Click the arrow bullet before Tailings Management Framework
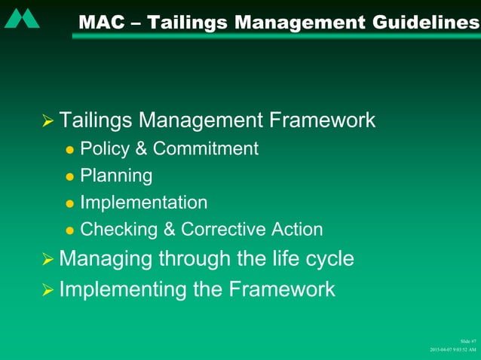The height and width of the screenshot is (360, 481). [48, 121]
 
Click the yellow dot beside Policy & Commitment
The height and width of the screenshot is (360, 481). [70, 150]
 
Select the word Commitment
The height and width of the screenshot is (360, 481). [206, 148]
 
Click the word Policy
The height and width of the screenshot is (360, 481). [106, 148]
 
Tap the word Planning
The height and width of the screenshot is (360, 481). [116, 176]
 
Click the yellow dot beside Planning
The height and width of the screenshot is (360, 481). [70, 177]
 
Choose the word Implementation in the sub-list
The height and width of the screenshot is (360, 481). [143, 203]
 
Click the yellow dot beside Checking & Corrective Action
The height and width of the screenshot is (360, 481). [70, 230]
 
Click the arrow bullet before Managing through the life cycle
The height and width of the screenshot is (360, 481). [48, 261]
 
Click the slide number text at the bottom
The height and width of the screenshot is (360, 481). [467, 341]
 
